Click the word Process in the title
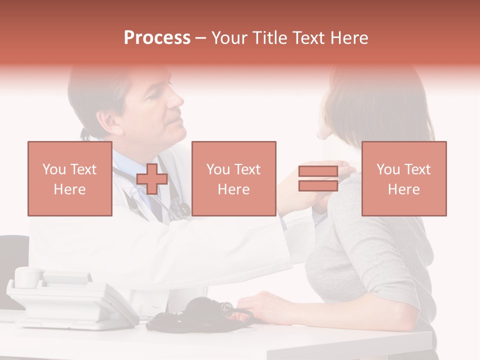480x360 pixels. click(x=157, y=38)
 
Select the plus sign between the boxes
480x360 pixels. click(x=151, y=179)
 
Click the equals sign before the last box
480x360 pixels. click(x=318, y=178)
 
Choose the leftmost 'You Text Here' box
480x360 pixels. click(x=70, y=178)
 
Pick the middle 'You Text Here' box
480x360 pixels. click(x=233, y=178)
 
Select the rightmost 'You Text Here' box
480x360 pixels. click(x=403, y=178)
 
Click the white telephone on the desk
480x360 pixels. click(x=70, y=300)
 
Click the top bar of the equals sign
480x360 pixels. click(x=318, y=171)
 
